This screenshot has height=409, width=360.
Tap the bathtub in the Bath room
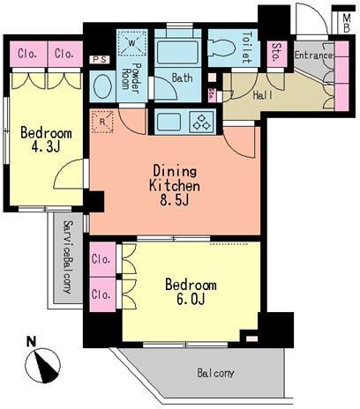[177, 52]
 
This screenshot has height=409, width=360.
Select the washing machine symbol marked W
[132, 44]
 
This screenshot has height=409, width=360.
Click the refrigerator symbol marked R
[102, 122]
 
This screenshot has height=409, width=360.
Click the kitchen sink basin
[169, 122]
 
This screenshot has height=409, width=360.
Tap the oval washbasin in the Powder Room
[102, 86]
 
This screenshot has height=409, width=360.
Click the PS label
[100, 60]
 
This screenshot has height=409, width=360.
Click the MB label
[347, 23]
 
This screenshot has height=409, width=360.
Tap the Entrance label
[313, 56]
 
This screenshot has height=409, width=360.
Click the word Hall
[263, 95]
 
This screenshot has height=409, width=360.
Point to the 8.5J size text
[174, 201]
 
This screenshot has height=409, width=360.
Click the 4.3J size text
[46, 147]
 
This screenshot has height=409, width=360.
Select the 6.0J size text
[191, 300]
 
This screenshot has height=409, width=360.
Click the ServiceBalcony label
[68, 257]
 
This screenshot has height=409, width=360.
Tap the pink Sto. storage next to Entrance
[277, 54]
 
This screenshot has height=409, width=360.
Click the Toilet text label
[247, 47]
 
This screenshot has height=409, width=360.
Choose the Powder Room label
[131, 77]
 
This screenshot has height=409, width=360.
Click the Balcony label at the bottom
[215, 373]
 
